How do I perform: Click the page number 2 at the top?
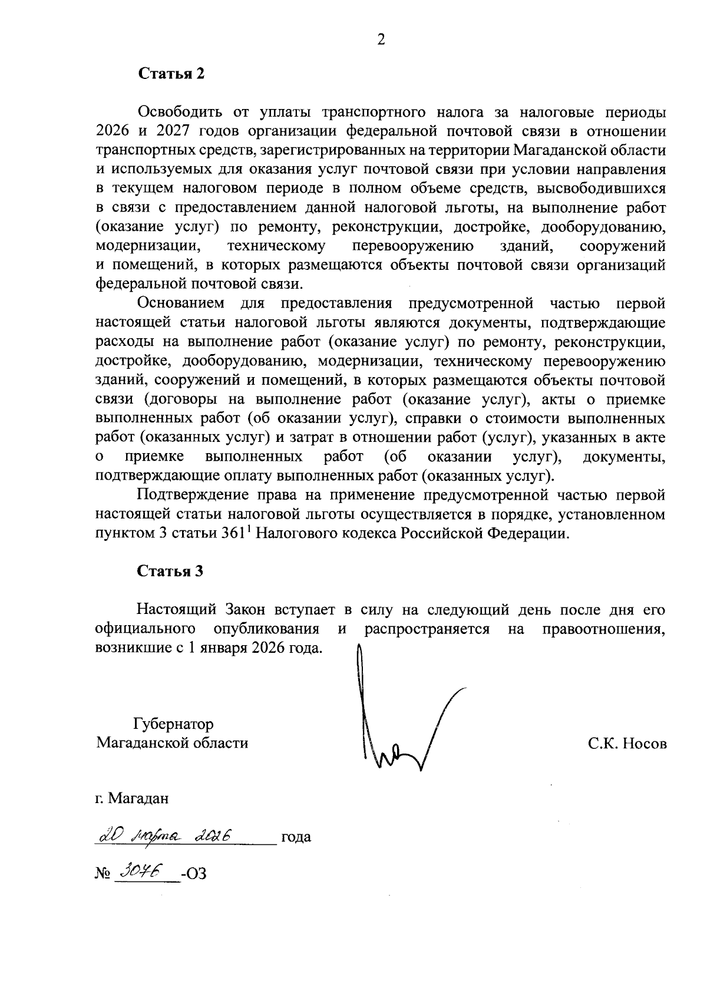[x=381, y=40]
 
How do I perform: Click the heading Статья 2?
[x=171, y=74]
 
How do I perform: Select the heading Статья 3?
[x=170, y=571]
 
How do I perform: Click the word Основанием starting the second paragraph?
[x=181, y=303]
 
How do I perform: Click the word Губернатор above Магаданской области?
[x=173, y=724]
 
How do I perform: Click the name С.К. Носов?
[x=627, y=744]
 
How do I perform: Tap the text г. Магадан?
[x=133, y=798]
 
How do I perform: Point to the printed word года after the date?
[x=296, y=837]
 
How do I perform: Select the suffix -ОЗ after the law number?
[x=194, y=874]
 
